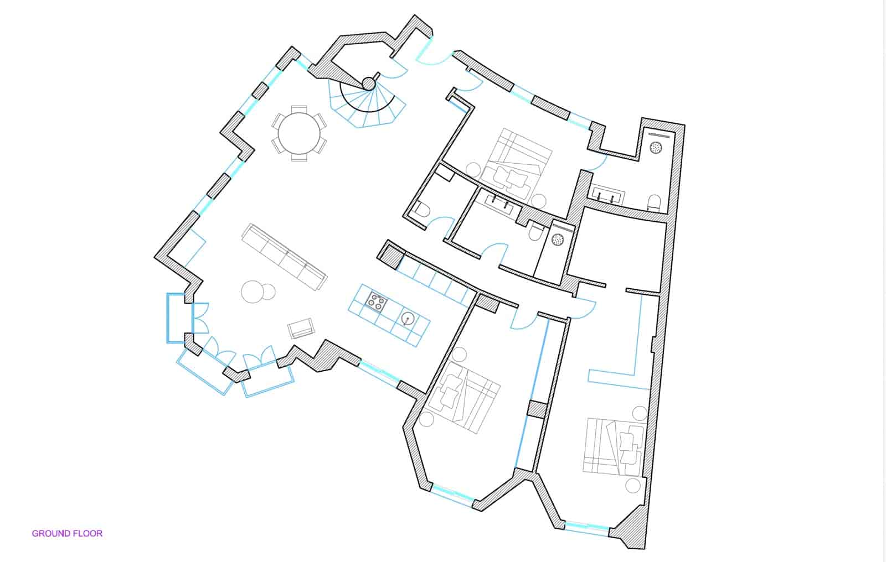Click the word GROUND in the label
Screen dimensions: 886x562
[x=50, y=534]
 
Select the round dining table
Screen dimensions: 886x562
[x=299, y=133]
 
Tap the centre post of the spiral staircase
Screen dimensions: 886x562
[x=369, y=84]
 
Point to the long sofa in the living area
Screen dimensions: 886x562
[x=285, y=257]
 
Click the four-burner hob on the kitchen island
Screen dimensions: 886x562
[x=376, y=303]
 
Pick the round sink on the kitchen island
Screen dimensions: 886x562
[x=408, y=318]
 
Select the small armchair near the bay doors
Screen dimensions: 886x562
[x=301, y=329]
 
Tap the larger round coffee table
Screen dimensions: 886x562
[x=253, y=292]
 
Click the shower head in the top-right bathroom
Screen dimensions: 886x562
[x=656, y=148]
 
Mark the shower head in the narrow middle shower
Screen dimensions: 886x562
[x=558, y=240]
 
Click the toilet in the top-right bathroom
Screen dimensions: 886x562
[x=654, y=202]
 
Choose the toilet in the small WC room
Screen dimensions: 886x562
[x=422, y=210]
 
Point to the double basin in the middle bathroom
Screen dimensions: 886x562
[x=499, y=202]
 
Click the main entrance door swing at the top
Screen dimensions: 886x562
[x=433, y=54]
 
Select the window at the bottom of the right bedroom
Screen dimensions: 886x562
[x=586, y=528]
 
